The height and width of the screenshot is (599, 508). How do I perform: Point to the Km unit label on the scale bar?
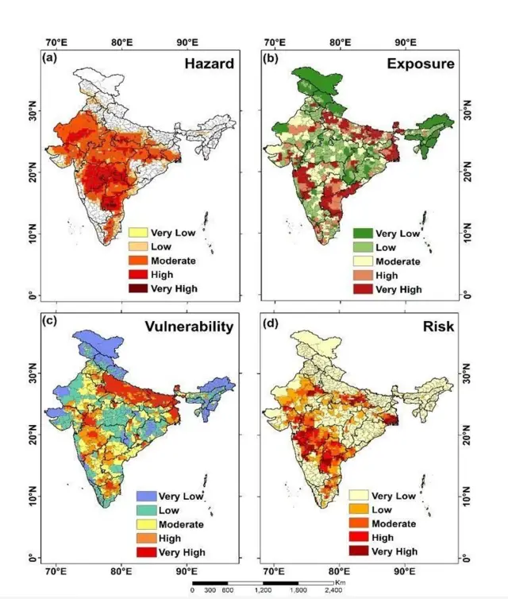tap(340, 582)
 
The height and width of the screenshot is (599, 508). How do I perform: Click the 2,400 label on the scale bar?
tap(333, 591)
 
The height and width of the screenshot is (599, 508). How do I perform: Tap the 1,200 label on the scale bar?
tap(263, 591)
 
